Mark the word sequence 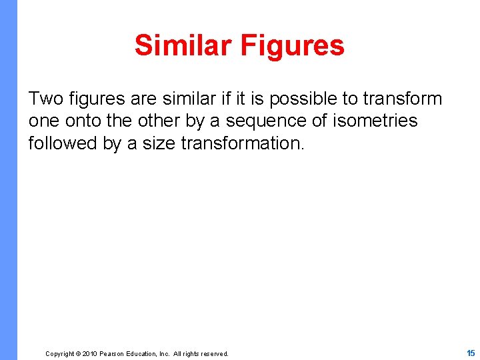pos(259,121)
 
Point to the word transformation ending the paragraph pos(243,143)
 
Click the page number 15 pos(471,353)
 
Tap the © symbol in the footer pos(79,354)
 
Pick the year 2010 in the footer pos(90,354)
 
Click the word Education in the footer pos(143,354)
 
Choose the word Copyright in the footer pos(59,354)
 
